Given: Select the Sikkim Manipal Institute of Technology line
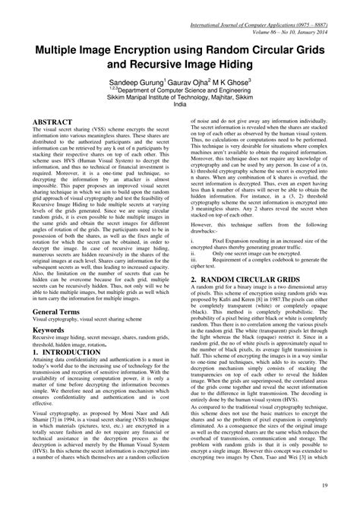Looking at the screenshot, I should click(x=179, y=97).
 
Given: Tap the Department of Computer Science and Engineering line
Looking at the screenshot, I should click(x=179, y=89).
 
